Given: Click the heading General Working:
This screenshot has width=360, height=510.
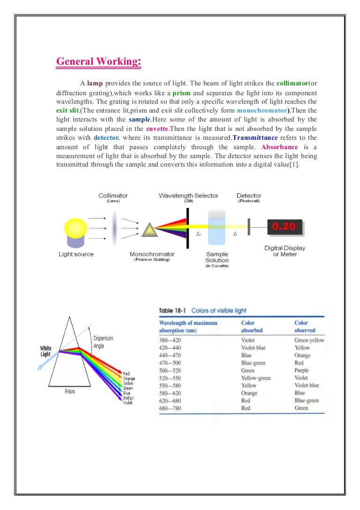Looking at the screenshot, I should point(98,62).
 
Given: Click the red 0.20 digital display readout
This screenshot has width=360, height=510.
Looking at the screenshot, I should point(284,227).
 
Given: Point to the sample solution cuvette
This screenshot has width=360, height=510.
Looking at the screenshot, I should point(217,227).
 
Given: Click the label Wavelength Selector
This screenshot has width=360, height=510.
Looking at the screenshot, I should point(188,195).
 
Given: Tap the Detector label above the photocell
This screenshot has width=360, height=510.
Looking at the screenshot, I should point(249,195).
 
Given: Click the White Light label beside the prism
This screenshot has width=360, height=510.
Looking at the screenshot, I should point(45,351).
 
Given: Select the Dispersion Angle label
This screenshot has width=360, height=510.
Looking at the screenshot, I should point(103,341).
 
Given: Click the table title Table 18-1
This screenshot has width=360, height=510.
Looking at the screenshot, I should point(172,311).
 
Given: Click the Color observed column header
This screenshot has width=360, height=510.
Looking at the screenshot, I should point(301,326).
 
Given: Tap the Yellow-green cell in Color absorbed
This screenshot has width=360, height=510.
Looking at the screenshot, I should point(255,378).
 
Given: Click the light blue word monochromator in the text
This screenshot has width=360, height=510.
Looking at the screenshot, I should point(262,111).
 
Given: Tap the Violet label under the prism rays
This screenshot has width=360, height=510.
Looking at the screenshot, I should point(127,403).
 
